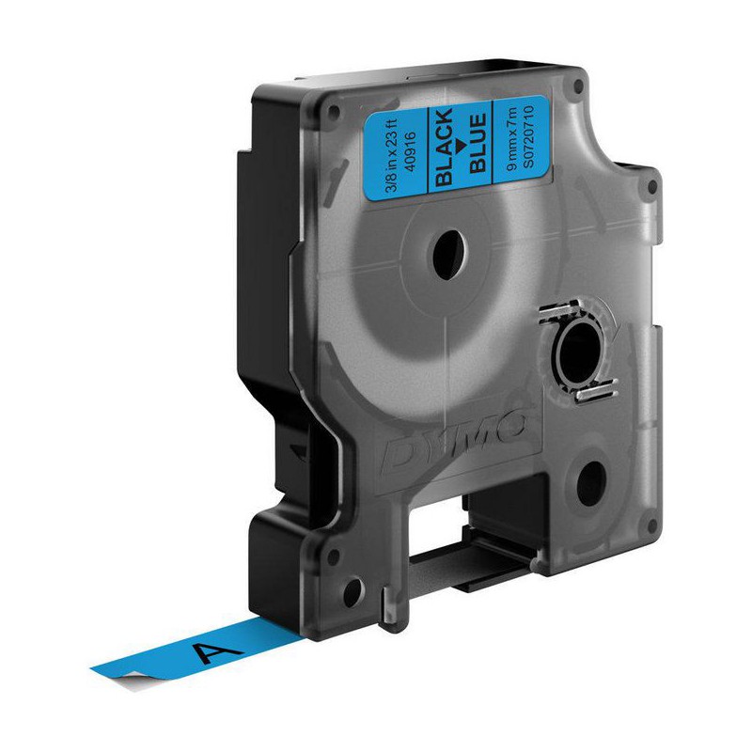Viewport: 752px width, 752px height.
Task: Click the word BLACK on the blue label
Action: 444,148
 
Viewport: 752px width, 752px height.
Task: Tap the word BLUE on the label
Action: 478,143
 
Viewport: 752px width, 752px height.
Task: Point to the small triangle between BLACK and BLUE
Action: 461,146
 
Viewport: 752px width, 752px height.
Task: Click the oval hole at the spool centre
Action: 449,255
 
